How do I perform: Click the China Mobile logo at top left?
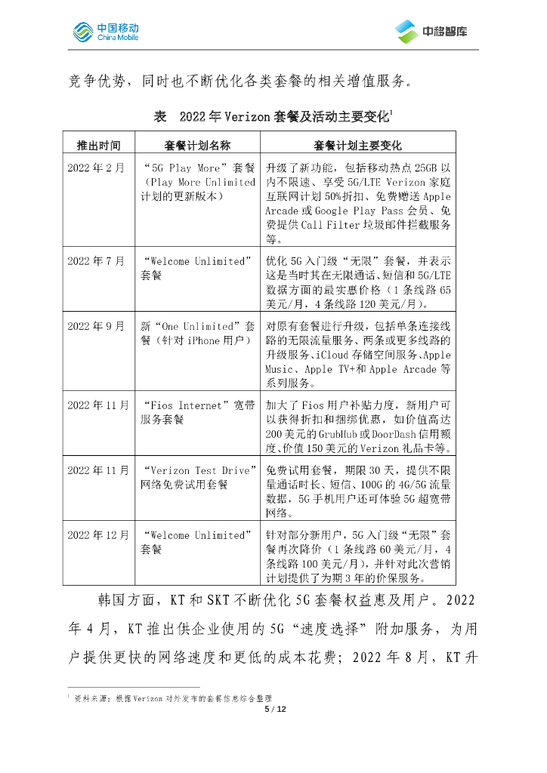(x=105, y=32)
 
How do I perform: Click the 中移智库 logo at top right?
(x=431, y=31)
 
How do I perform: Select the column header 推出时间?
(x=98, y=145)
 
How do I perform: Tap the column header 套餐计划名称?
(x=197, y=145)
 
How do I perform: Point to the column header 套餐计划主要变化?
(x=357, y=145)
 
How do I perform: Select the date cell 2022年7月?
(x=96, y=261)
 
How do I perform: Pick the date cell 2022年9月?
(x=96, y=326)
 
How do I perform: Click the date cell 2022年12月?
(x=98, y=535)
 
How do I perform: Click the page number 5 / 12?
(x=273, y=709)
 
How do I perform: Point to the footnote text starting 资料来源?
(x=173, y=698)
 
